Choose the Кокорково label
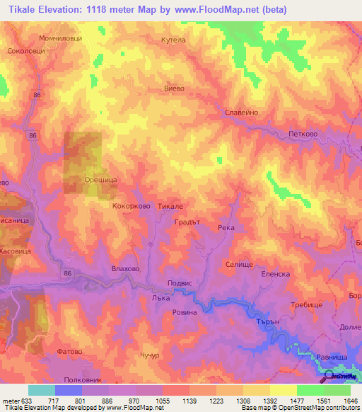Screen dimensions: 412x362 (x=130, y=206)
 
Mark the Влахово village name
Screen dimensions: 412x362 (x=126, y=268)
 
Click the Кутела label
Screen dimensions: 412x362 (x=173, y=40)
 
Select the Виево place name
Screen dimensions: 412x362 (x=174, y=88)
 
